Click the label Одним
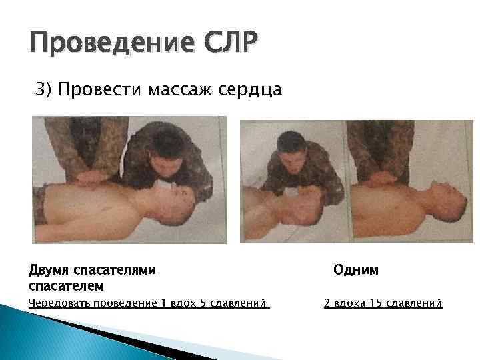(x=356, y=270)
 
